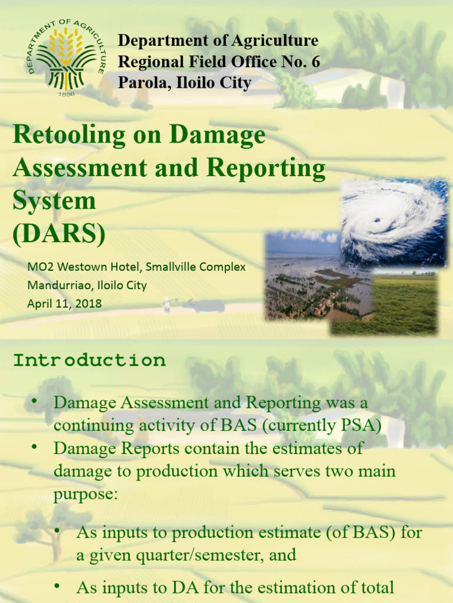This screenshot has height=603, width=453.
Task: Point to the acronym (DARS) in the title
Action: click(x=59, y=234)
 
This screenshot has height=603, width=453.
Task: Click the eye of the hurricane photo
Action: click(x=377, y=221)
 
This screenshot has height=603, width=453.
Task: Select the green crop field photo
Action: click(x=389, y=306)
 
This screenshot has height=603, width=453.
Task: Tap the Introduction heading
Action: click(x=89, y=360)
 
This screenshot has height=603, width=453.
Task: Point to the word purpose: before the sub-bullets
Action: click(x=86, y=494)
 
